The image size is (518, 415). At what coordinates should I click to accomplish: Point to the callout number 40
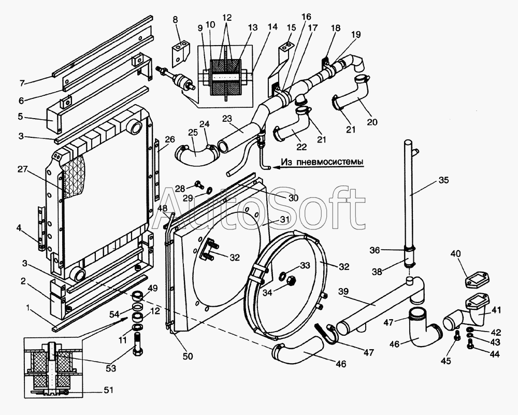pos(455,254)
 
